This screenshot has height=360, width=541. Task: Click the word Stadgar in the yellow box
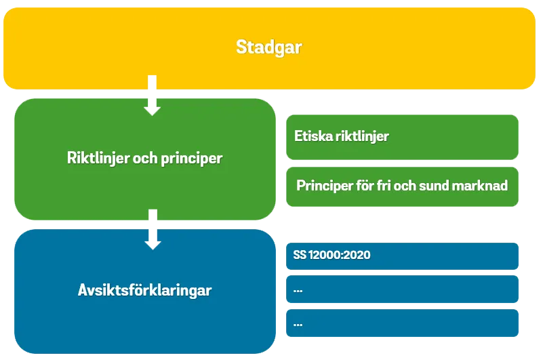[269, 47]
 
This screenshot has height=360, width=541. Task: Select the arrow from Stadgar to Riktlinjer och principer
[152, 96]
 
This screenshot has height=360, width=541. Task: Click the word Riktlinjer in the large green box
[94, 159]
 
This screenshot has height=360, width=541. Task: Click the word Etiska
[314, 136]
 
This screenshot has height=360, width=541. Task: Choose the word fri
[386, 185]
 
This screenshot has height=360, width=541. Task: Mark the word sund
[440, 185]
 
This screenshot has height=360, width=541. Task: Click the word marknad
[483, 185]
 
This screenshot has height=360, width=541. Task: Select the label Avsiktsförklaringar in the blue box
[144, 291]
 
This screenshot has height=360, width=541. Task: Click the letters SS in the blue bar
[300, 256]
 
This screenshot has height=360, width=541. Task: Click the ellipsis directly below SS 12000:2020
[298, 290]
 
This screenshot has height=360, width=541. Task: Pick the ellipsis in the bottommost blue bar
[298, 324]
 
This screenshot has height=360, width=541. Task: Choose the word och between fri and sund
[412, 185]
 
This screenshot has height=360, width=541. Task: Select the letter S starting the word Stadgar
[241, 47]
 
